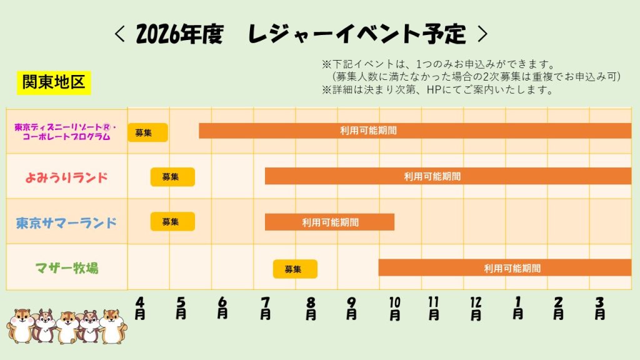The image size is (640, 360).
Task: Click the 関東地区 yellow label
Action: pos(54,82)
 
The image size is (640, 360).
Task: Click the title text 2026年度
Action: pos(179,34)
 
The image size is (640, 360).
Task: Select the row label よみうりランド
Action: pos(66,177)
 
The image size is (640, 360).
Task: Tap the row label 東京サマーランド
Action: pos(66,222)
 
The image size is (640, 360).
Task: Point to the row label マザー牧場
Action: pos(66,268)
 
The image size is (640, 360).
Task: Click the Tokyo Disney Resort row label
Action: pos(62,131)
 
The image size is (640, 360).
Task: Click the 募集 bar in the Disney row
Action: pos(147,132)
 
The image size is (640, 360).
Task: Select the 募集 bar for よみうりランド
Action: pos(172,177)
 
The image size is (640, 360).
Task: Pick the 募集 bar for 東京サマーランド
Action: pos(172,221)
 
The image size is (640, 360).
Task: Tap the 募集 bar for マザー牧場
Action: pos(295,269)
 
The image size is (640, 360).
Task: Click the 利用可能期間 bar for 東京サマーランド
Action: pos(329,222)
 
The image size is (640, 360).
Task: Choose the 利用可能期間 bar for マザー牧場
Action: pos(505,267)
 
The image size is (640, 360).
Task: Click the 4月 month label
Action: pos(140,308)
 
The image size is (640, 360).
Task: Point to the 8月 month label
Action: pos(311,308)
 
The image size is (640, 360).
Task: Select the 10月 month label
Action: pos(394,308)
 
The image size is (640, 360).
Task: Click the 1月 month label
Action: pos(518,308)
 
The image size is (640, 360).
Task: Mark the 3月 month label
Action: pos(600,308)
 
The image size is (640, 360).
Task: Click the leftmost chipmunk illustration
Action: pos(21,326)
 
